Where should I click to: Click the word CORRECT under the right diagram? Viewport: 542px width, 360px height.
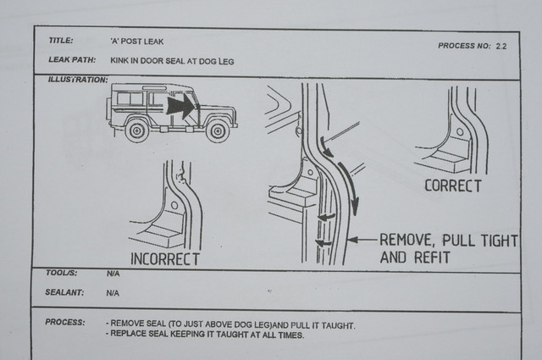click(x=453, y=186)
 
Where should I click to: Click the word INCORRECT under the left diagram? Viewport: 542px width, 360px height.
click(x=165, y=259)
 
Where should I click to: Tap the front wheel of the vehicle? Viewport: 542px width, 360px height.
click(x=218, y=131)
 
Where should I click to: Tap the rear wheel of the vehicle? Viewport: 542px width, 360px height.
click(x=137, y=130)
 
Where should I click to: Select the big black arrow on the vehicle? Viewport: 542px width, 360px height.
click(x=181, y=106)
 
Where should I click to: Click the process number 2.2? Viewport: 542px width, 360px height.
click(x=501, y=46)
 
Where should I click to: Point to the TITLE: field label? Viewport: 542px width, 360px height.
click(x=61, y=41)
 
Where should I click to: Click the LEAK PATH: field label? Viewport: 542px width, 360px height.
click(x=72, y=59)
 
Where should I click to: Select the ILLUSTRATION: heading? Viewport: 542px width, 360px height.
click(x=78, y=80)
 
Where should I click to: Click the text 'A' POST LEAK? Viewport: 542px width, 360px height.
click(x=137, y=42)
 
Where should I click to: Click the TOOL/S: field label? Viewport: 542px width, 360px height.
click(x=62, y=273)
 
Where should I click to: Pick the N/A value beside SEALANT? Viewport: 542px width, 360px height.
click(x=113, y=293)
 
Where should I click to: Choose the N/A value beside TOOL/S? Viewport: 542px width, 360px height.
click(x=113, y=274)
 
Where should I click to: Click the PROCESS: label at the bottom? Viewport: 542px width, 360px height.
click(x=65, y=322)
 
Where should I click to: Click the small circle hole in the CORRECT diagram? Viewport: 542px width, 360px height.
click(x=460, y=132)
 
